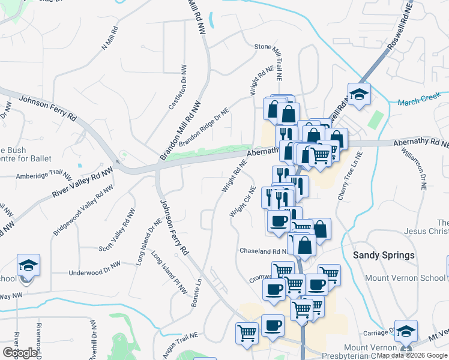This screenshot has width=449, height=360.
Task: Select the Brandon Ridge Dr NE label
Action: click(x=203, y=127)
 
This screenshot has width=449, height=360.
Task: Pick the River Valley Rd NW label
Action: click(x=82, y=183)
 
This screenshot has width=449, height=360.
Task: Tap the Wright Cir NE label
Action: click(x=243, y=202)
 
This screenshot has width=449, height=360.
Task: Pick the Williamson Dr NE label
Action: click(x=415, y=172)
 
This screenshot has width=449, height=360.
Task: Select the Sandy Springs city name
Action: click(x=384, y=255)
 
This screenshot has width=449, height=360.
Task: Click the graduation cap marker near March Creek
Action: click(x=359, y=95)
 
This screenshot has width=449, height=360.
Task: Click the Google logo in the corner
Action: click(x=20, y=353)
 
